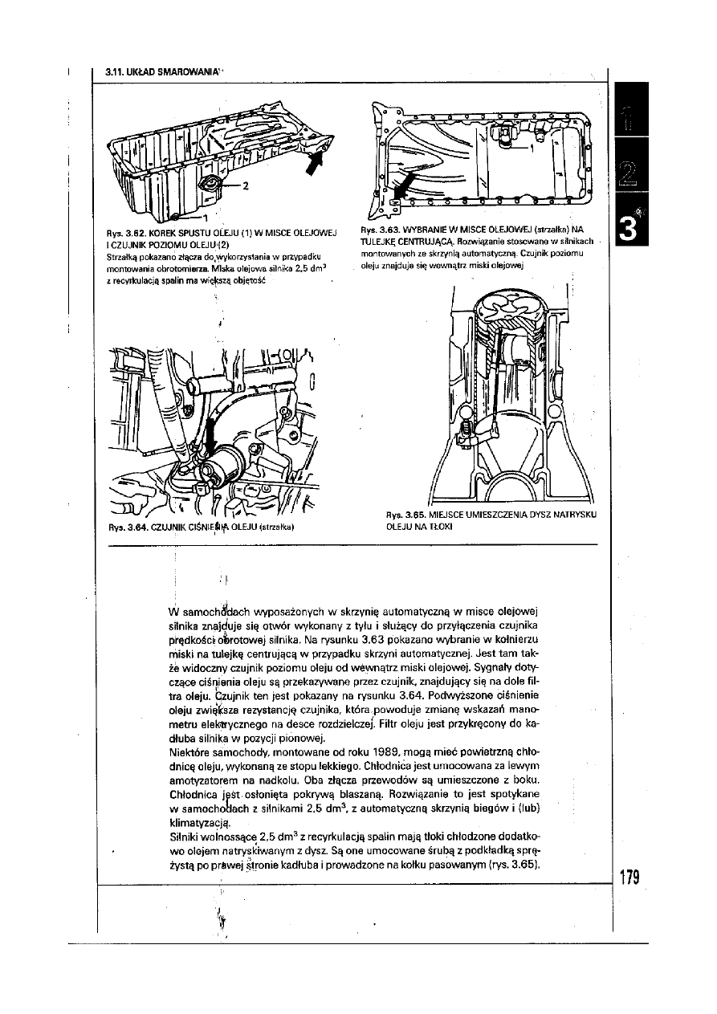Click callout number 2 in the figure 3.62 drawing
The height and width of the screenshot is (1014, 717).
(246, 185)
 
